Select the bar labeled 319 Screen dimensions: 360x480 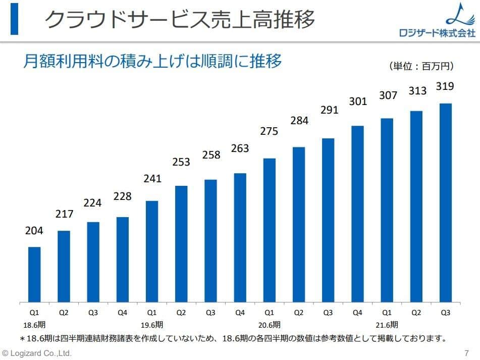[445, 202]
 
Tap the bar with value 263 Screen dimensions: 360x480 [240, 237]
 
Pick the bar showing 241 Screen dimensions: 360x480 [152, 251]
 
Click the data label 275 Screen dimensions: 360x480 [269, 131]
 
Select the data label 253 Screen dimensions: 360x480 [181, 162]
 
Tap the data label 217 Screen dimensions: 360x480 [64, 214]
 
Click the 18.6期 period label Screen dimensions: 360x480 [34, 324]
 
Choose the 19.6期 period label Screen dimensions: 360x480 [152, 324]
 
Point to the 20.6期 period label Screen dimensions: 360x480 [269, 324]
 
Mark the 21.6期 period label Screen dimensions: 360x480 [387, 324]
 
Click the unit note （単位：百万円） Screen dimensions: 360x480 [421, 66]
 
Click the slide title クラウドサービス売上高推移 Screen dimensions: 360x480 [180, 20]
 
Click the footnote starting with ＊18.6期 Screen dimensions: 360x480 [232, 338]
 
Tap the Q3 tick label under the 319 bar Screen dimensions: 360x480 [445, 313]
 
